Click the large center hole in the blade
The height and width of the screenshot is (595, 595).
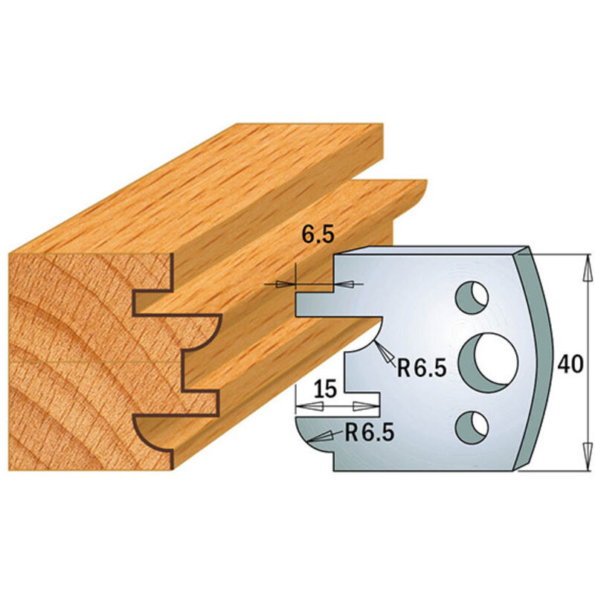click(488, 360)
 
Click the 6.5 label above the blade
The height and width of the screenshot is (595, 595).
click(318, 237)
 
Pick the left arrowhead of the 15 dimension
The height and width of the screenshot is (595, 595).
click(305, 406)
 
